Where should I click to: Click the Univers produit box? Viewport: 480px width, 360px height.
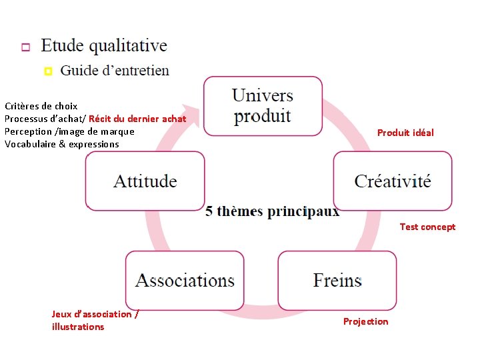click(263, 105)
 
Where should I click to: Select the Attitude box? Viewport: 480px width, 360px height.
click(145, 181)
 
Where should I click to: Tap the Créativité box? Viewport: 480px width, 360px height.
click(393, 181)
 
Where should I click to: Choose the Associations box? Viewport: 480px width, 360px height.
click(185, 280)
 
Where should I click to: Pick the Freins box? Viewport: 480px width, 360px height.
click(337, 280)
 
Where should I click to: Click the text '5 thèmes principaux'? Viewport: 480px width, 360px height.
click(272, 211)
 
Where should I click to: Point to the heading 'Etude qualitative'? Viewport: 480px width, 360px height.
click(104, 45)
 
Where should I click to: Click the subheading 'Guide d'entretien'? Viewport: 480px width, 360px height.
click(115, 70)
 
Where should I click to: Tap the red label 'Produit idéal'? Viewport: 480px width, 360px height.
click(405, 133)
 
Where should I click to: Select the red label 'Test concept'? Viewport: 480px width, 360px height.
click(427, 227)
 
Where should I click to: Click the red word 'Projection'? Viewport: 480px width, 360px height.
click(365, 321)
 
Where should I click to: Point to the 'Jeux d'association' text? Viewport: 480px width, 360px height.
click(94, 314)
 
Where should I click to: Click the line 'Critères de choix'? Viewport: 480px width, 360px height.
click(41, 106)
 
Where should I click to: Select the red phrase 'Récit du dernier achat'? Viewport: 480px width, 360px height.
click(137, 119)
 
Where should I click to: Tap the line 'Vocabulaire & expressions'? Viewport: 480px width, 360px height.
click(61, 144)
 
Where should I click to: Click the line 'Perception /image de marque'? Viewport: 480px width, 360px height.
click(69, 131)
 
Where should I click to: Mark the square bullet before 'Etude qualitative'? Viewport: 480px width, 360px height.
click(25, 47)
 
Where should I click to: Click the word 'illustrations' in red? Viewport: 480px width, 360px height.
click(78, 327)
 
